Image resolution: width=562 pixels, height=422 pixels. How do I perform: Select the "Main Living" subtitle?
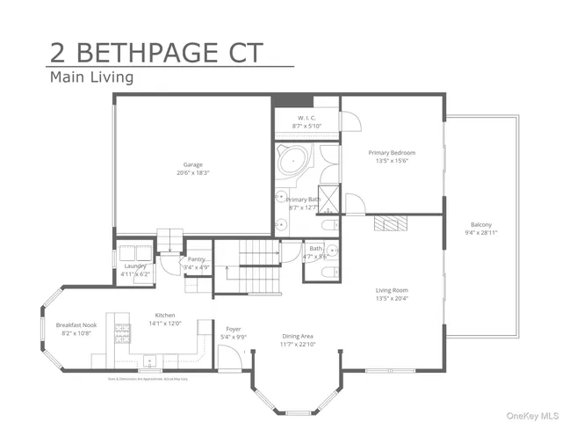(x=91, y=77)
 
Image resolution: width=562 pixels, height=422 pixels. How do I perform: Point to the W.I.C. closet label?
(x=306, y=118)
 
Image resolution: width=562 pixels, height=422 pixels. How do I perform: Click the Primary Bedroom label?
(x=391, y=153)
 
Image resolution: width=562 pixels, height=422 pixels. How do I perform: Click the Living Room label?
(x=391, y=290)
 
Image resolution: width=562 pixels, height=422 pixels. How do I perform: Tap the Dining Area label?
(x=299, y=336)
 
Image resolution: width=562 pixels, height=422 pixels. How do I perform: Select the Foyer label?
(x=234, y=329)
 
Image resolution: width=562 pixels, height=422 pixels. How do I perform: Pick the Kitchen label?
(x=165, y=315)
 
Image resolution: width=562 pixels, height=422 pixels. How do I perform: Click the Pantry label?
(x=197, y=259)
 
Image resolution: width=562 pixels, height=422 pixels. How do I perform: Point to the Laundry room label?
(x=135, y=266)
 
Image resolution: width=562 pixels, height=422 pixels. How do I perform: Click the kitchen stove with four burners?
(x=121, y=333)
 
